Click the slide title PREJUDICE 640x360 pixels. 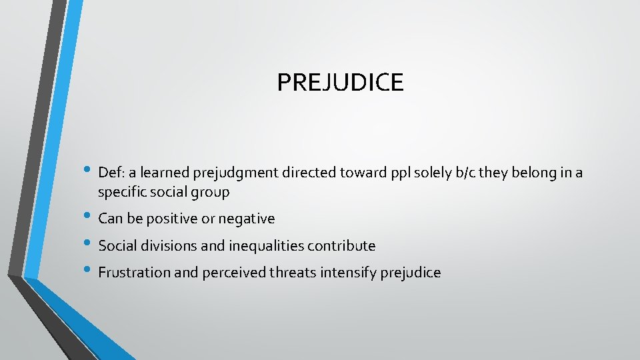point(340,83)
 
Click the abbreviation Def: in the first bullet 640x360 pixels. point(111,173)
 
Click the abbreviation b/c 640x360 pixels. point(433,173)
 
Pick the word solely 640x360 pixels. point(401,173)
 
